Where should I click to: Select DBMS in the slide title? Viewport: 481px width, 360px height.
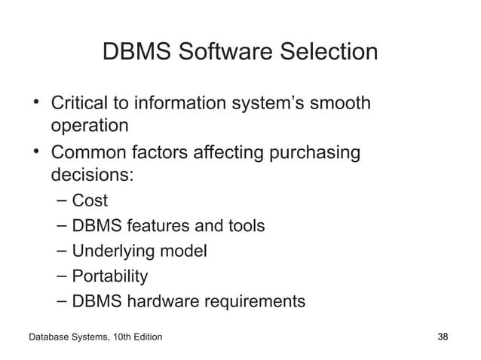click(x=128, y=52)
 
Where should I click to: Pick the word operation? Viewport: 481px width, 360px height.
click(x=90, y=124)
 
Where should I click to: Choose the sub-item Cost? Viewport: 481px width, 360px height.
click(x=90, y=201)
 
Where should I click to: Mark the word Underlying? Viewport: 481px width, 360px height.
click(x=117, y=252)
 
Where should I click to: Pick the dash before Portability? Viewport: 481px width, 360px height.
click(x=63, y=276)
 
